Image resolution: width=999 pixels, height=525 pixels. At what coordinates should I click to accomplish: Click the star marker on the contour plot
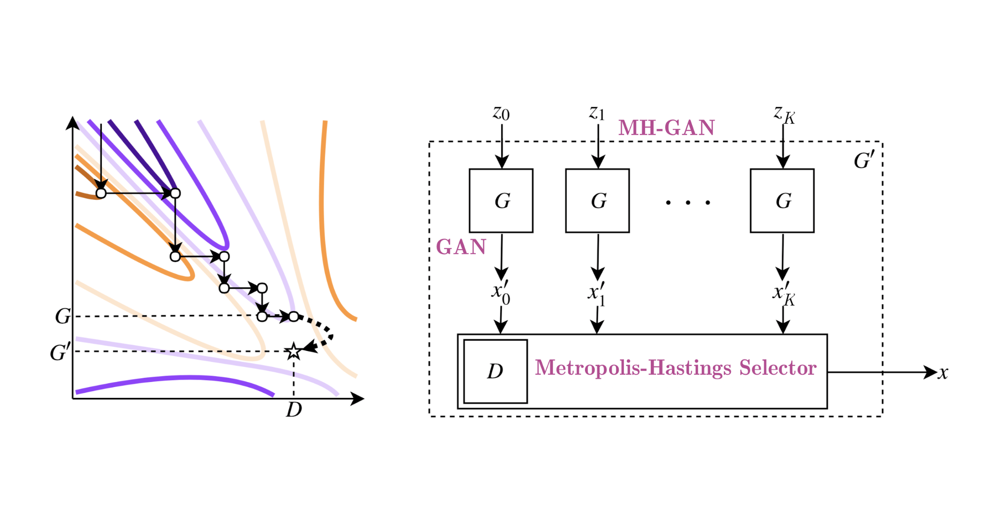tap(293, 352)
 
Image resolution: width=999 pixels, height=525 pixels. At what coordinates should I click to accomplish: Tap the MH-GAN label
tap(666, 128)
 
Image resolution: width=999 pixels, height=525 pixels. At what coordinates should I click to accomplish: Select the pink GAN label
tap(461, 247)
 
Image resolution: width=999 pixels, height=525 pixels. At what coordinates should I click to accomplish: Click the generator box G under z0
tap(501, 201)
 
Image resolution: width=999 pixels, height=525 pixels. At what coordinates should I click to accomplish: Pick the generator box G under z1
tap(597, 201)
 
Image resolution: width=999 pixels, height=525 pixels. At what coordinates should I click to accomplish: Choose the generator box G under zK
tap(782, 201)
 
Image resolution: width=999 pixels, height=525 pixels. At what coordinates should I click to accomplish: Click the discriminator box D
tap(495, 371)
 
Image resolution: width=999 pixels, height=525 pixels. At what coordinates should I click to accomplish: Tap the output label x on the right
tap(943, 373)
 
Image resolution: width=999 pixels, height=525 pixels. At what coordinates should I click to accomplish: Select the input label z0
tap(501, 113)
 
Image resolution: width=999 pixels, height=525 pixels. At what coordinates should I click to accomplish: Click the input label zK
tap(784, 114)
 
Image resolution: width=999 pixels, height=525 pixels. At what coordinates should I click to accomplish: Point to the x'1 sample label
tap(596, 293)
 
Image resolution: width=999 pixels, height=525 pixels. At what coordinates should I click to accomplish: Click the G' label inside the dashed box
tap(863, 160)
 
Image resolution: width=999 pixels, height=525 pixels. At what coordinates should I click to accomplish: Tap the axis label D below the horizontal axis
tap(294, 410)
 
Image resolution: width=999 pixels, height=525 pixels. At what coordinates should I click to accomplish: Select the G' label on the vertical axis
tap(61, 352)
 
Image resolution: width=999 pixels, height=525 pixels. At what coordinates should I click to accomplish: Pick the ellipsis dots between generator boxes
tap(688, 202)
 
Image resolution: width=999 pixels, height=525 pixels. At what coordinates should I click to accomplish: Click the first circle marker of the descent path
tap(101, 193)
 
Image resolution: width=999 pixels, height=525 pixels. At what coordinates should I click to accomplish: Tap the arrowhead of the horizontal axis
tap(358, 399)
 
